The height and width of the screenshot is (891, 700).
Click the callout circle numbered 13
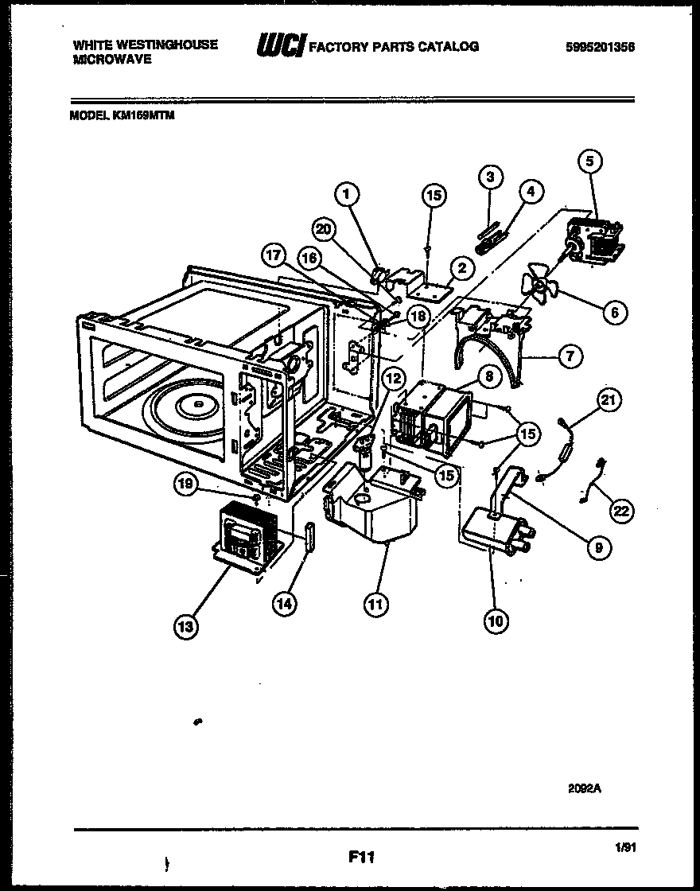(185, 627)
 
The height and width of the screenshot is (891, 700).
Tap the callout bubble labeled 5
(589, 161)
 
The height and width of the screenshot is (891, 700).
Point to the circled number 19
(184, 482)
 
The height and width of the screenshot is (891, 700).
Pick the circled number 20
(324, 228)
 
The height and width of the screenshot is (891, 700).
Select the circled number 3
(491, 176)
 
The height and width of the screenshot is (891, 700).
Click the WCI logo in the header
(278, 47)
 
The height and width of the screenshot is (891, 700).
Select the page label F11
(360, 858)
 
